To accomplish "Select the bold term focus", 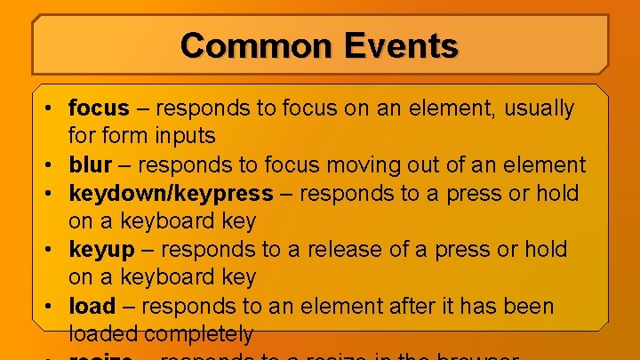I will pos(99,108).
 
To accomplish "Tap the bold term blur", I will pos(90,164).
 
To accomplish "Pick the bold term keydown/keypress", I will pos(172,193).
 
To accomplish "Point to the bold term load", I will pos(92,306).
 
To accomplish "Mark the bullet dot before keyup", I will pos(53,250).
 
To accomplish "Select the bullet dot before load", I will pos(53,307).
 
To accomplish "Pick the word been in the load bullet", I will pos(528,306).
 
